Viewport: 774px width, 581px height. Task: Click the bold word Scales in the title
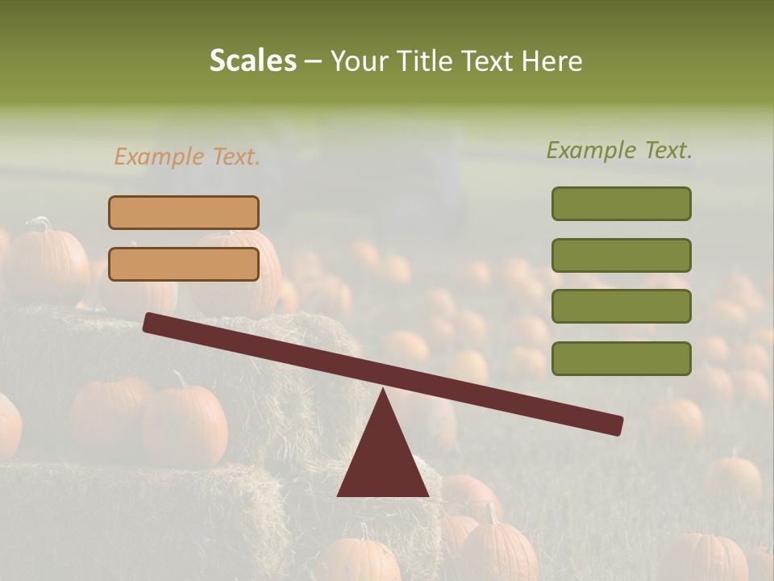pyautogui.click(x=253, y=61)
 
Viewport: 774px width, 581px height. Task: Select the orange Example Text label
pyautogui.click(x=187, y=157)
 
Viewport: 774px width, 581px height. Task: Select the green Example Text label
pyautogui.click(x=619, y=150)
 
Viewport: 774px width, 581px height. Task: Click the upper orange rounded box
pyautogui.click(x=184, y=212)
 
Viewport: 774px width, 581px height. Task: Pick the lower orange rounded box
pyautogui.click(x=184, y=264)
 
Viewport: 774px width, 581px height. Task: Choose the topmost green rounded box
pyautogui.click(x=621, y=203)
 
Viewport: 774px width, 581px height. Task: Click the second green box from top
pyautogui.click(x=621, y=255)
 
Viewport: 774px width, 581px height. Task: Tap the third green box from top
pyautogui.click(x=621, y=307)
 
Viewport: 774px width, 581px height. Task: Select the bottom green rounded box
pyautogui.click(x=621, y=358)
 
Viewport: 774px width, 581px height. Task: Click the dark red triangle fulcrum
pyautogui.click(x=383, y=460)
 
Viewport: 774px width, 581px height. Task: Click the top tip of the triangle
pyautogui.click(x=383, y=391)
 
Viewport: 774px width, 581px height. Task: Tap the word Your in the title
pyautogui.click(x=359, y=61)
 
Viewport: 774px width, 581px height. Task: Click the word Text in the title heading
pyautogui.click(x=485, y=61)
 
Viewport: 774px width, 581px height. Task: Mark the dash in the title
pyautogui.click(x=314, y=61)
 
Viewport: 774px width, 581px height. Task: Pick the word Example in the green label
pyautogui.click(x=591, y=150)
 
